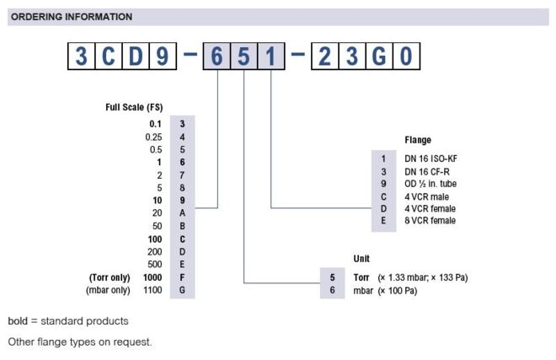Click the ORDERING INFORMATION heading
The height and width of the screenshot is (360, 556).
(72, 17)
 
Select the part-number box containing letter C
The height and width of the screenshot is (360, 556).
(109, 56)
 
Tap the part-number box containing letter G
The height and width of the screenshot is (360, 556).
(379, 56)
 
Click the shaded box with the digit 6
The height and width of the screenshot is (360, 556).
(217, 56)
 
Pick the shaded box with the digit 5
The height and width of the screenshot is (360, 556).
(243, 56)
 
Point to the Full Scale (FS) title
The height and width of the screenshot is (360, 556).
(134, 107)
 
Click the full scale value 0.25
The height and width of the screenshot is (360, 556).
(153, 137)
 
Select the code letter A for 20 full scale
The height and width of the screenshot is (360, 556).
(182, 213)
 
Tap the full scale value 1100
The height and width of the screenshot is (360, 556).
(152, 290)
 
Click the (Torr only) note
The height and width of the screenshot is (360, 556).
(110, 277)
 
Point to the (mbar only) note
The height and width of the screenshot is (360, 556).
(108, 290)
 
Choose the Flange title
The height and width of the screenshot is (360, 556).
(418, 140)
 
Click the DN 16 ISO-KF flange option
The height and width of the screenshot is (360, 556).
(430, 159)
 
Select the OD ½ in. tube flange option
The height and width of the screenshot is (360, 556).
(430, 184)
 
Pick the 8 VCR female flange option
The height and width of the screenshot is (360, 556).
(430, 221)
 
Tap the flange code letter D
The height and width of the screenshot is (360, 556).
(383, 209)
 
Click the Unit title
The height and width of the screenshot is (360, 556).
(361, 259)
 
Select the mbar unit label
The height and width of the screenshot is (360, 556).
(363, 291)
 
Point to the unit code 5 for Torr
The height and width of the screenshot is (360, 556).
(332, 277)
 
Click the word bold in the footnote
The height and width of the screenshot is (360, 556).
(18, 321)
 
